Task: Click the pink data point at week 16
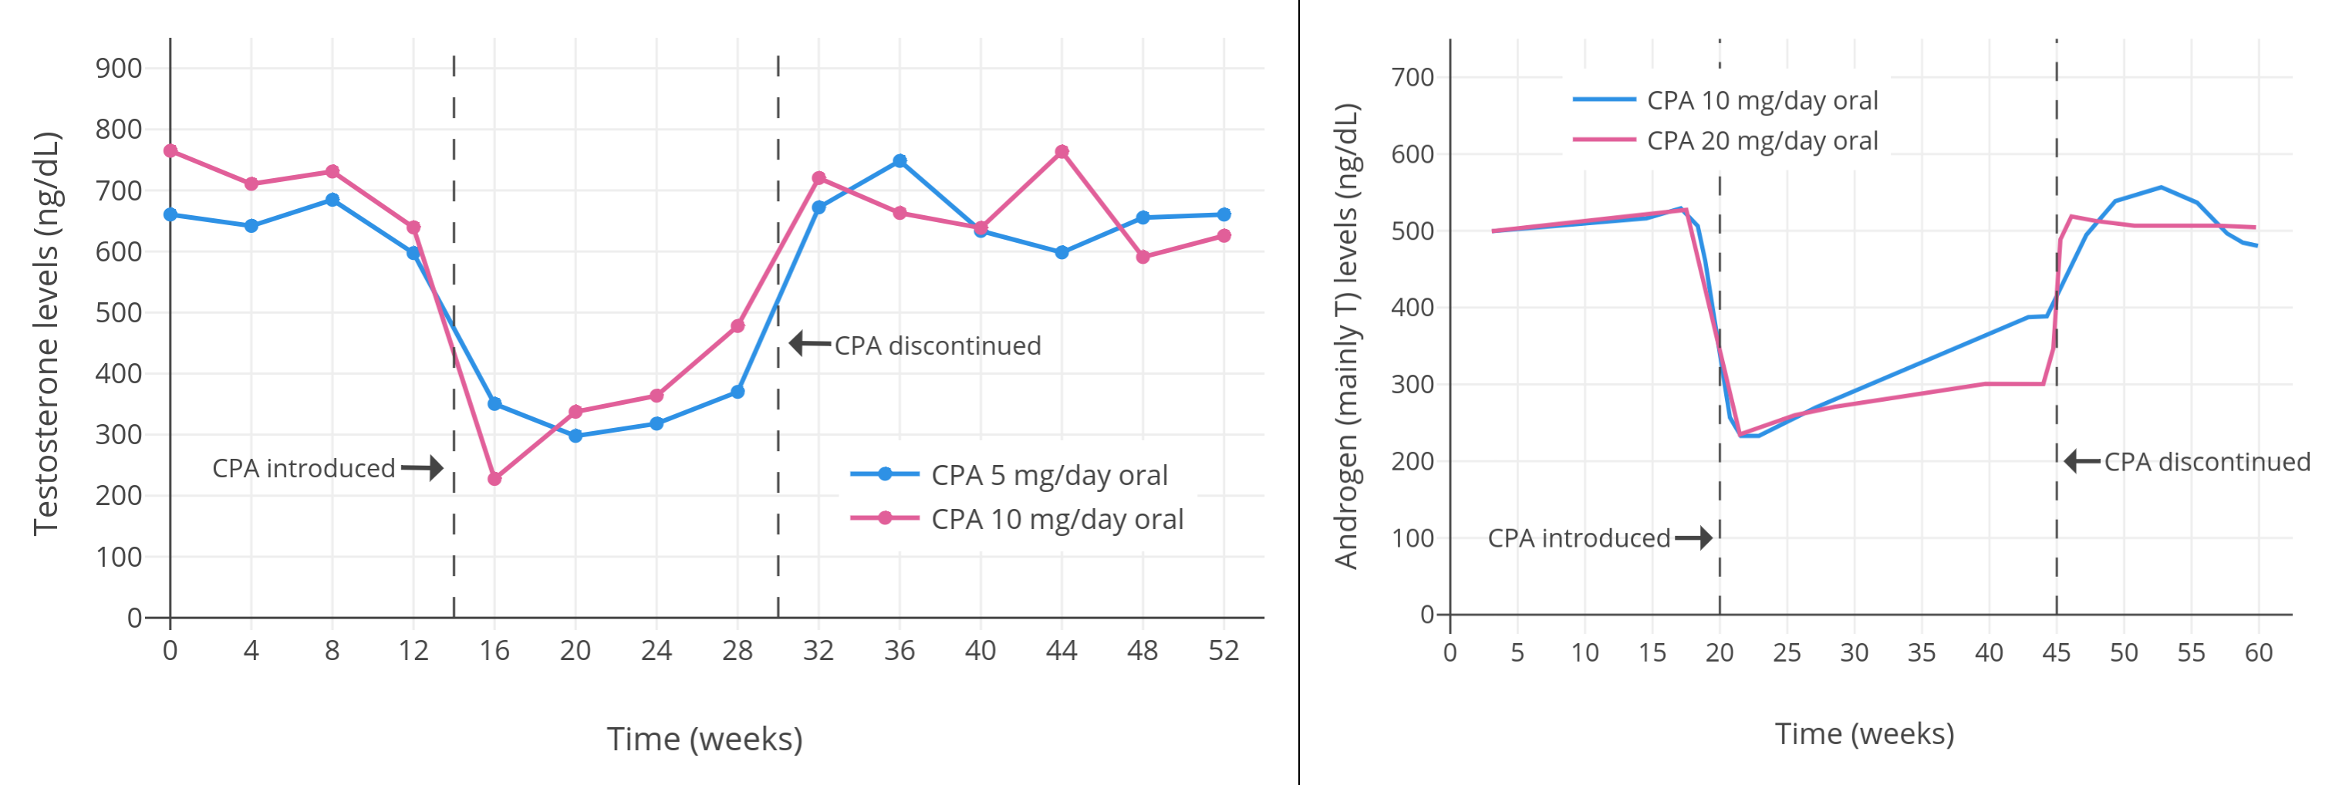(x=494, y=478)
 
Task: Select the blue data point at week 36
(x=899, y=160)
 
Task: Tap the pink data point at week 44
(x=1061, y=152)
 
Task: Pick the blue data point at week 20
(x=575, y=436)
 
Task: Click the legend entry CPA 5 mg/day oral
(x=1048, y=475)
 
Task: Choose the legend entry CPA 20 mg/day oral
(x=1761, y=140)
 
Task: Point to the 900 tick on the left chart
(x=119, y=68)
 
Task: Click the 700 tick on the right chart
(x=1412, y=77)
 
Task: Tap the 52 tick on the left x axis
(x=1223, y=650)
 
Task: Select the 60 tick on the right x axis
(x=2257, y=652)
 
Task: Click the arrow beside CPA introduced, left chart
(x=422, y=468)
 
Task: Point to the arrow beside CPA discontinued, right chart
(x=2081, y=461)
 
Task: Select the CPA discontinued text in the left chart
(x=937, y=345)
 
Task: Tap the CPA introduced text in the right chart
(x=1578, y=538)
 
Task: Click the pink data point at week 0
(x=170, y=150)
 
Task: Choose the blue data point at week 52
(x=1223, y=214)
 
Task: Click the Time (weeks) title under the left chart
(x=704, y=739)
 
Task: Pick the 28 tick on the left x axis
(x=737, y=650)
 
